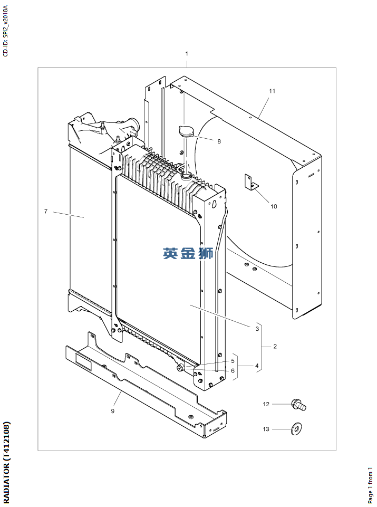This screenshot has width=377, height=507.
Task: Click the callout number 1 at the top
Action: [187, 54]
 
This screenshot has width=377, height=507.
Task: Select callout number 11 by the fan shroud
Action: [272, 91]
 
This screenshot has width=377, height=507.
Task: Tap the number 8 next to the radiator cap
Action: [219, 141]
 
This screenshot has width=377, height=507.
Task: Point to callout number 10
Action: [274, 206]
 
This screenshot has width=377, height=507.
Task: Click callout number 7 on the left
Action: [46, 211]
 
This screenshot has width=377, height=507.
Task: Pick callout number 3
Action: [257, 329]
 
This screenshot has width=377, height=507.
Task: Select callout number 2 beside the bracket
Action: [275, 347]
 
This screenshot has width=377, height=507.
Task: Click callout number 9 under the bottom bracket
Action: [112, 410]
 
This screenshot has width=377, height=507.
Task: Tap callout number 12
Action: [266, 404]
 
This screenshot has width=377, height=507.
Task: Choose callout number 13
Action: [266, 429]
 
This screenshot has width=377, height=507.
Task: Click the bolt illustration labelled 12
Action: [298, 405]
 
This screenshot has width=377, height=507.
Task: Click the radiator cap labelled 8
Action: [186, 132]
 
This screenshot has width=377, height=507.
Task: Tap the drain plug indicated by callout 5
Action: [181, 367]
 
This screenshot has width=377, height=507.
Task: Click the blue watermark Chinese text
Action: [188, 254]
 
